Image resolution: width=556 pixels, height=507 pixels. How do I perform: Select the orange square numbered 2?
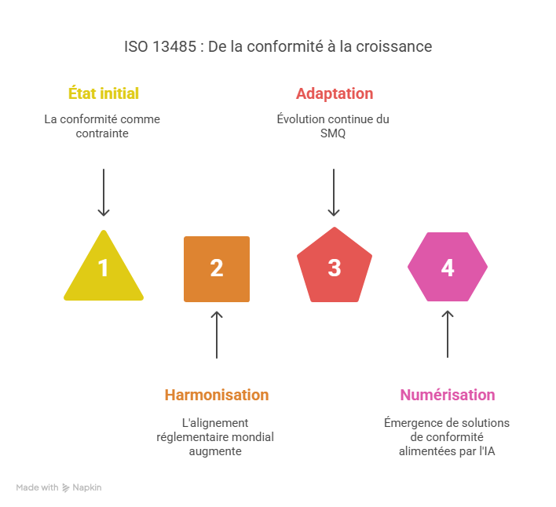pyautogui.click(x=217, y=268)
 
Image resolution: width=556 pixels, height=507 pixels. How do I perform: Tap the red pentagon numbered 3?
pyautogui.click(x=335, y=267)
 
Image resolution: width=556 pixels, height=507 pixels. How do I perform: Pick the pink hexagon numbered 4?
pyautogui.click(x=448, y=267)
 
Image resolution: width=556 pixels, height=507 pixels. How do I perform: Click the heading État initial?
pyautogui.click(x=104, y=93)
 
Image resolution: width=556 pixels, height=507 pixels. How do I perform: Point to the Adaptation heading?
pyautogui.click(x=335, y=93)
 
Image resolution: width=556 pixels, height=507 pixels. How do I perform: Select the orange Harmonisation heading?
pyautogui.click(x=216, y=395)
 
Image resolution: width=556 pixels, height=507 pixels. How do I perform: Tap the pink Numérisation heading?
pyautogui.click(x=447, y=395)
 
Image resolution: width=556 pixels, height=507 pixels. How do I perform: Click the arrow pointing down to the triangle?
pyautogui.click(x=104, y=191)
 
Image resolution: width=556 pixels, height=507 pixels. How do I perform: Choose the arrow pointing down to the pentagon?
pyautogui.click(x=335, y=191)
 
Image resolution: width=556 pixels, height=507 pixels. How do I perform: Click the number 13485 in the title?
pyautogui.click(x=170, y=46)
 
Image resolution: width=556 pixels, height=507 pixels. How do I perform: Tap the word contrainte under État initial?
pyautogui.click(x=103, y=133)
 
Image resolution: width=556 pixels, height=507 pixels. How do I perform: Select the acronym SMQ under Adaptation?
pyautogui.click(x=333, y=133)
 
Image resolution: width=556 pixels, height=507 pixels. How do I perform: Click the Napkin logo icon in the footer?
pyautogui.click(x=66, y=487)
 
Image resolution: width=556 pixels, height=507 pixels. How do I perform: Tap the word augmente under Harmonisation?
pyautogui.click(x=215, y=451)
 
